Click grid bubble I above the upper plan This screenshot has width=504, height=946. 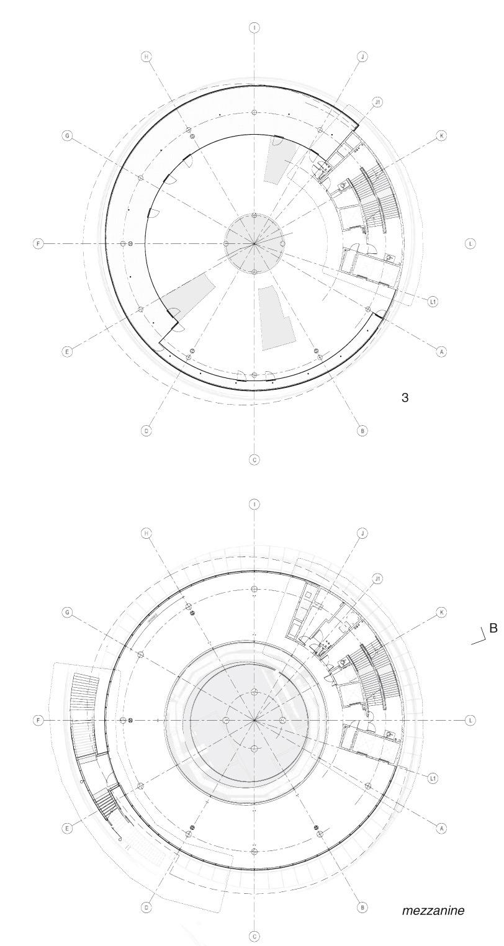coord(254,29)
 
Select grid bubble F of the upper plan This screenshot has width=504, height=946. coord(38,244)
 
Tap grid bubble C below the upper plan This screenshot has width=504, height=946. coord(254,460)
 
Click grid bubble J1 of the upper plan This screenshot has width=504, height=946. coord(378,102)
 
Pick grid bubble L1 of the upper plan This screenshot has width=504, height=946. coord(432,302)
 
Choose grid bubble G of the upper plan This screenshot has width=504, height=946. coord(67,136)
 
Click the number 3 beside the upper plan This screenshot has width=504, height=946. coord(405,397)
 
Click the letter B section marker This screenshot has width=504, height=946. coord(493,628)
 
